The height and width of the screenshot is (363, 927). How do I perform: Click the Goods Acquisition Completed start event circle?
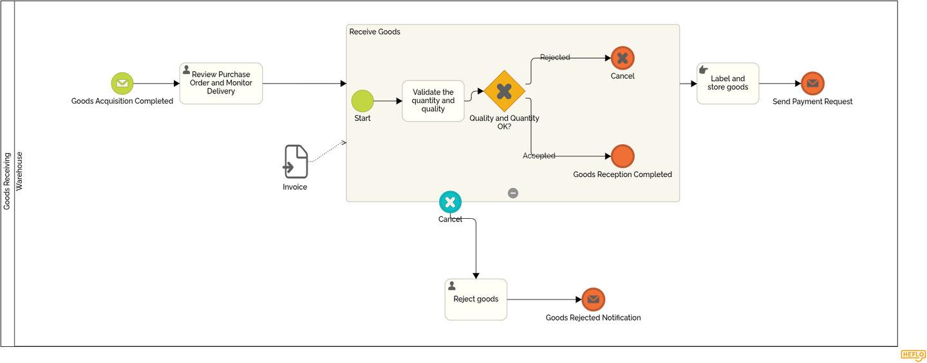point(122,84)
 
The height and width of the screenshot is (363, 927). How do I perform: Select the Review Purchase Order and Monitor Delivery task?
point(221,84)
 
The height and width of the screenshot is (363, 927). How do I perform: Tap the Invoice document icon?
point(295,162)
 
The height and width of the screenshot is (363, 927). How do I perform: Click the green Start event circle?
point(362,101)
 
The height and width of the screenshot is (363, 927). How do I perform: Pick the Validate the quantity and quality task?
point(433,101)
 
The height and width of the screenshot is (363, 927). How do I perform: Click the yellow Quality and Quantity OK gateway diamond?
point(504,91)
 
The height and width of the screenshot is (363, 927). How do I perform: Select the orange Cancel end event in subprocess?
point(623,58)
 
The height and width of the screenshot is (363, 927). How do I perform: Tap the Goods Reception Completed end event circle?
point(623,156)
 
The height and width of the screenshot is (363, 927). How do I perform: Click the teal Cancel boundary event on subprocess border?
point(450,202)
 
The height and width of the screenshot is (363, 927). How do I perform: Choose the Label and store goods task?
point(727,84)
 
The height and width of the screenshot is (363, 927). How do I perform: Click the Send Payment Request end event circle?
point(812,84)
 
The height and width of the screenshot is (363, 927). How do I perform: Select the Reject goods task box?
point(476,299)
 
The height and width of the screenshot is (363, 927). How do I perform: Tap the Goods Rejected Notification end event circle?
point(593,299)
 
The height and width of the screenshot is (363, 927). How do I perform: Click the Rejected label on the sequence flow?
point(555,57)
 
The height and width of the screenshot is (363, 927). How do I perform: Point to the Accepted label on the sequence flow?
point(539,156)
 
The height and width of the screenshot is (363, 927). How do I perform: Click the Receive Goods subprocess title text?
point(375,32)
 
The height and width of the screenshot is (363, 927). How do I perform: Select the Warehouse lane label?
point(19,171)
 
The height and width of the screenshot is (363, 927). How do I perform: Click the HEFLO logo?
point(912,355)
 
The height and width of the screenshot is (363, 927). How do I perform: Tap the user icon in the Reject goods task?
point(452,286)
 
